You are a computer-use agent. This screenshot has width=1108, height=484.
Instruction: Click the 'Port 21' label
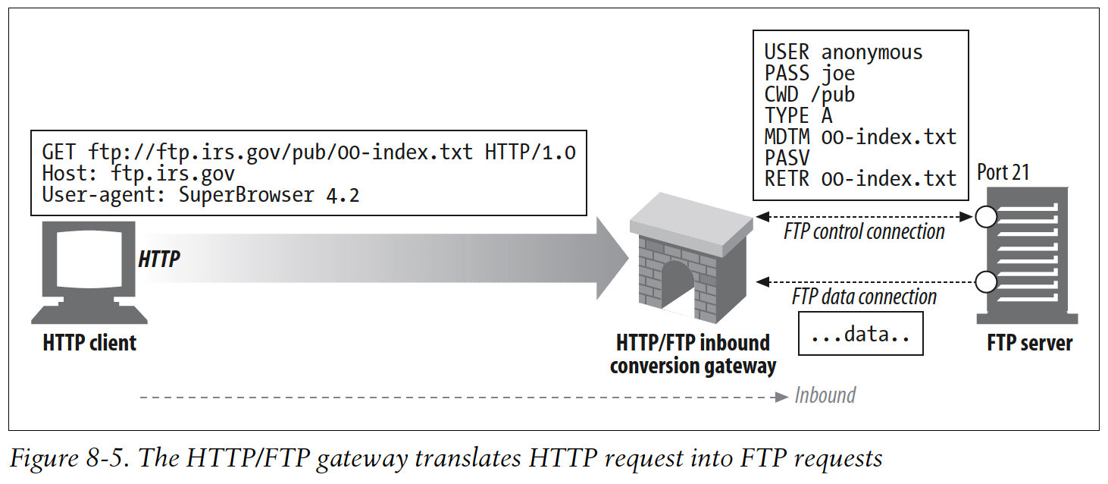(1003, 172)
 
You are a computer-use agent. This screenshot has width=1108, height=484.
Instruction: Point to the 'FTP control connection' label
(864, 231)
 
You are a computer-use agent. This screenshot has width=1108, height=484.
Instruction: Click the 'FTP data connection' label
(864, 297)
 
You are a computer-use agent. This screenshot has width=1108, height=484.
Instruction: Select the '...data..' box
(860, 335)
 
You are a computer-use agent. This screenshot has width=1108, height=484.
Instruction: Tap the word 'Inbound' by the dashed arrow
(825, 395)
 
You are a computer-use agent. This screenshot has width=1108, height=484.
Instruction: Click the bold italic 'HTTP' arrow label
(159, 259)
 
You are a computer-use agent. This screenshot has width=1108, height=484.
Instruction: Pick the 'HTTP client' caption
(89, 343)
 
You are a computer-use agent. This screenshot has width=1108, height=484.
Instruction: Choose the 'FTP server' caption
(1029, 343)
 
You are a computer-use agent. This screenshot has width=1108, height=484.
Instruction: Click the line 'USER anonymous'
(843, 52)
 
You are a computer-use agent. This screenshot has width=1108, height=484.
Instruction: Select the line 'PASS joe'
(809, 74)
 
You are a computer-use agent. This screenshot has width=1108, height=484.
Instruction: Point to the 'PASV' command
(787, 158)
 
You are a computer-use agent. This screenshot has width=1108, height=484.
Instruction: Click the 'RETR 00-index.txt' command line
(859, 179)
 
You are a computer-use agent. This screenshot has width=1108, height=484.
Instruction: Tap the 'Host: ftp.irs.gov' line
(138, 174)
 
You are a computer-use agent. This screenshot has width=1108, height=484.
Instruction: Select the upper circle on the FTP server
(984, 218)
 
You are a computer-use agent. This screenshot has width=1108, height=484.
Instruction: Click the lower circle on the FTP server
(984, 282)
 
